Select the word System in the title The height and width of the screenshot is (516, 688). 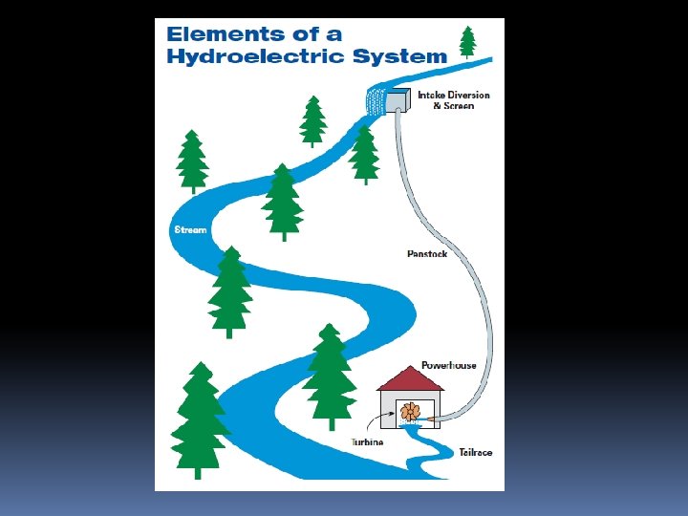(401, 55)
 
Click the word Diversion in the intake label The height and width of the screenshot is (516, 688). (468, 95)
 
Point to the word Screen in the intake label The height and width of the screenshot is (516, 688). (459, 105)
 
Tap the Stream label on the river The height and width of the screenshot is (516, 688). (191, 230)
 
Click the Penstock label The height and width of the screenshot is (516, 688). (426, 254)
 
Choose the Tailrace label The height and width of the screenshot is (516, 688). (475, 452)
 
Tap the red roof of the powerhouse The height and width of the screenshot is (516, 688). (411, 379)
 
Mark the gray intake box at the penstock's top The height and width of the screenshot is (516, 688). (401, 98)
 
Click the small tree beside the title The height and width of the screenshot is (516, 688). (467, 41)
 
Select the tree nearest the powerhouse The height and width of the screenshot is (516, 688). (330, 373)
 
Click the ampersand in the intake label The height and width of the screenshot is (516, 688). (437, 105)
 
